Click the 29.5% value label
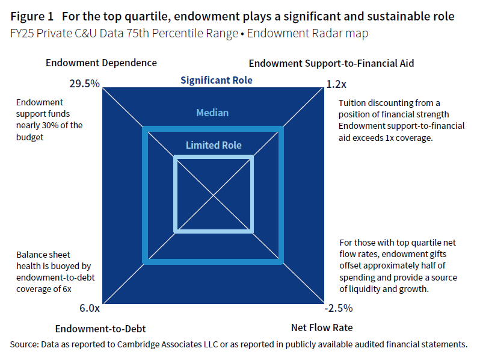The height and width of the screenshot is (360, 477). [x=84, y=84]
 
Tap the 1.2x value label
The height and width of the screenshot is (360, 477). [x=336, y=84]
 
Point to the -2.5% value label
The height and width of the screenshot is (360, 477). [x=339, y=308]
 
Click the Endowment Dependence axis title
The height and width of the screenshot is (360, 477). [x=101, y=63]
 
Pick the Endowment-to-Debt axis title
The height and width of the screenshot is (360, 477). [x=100, y=329]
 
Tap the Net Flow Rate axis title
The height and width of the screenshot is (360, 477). [x=322, y=328]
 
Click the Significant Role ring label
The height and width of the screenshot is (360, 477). [x=217, y=80]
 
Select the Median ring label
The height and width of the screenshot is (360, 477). [x=212, y=113]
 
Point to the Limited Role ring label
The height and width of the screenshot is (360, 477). [x=214, y=145]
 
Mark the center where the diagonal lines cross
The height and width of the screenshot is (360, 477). [x=214, y=194]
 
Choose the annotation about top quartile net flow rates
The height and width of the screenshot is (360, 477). [x=398, y=265]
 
